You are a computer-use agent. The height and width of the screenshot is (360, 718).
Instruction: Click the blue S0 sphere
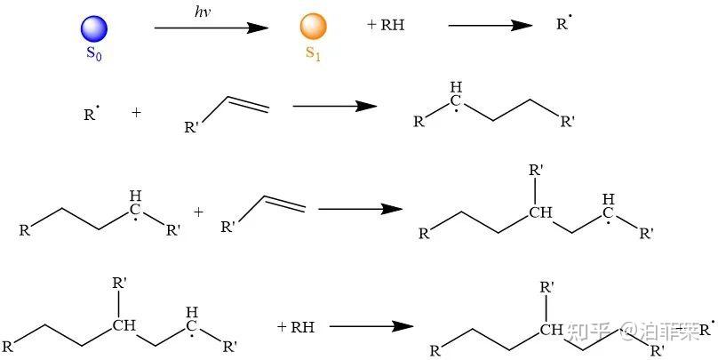tap(93, 28)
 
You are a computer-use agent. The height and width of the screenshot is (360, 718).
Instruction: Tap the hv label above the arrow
tap(203, 11)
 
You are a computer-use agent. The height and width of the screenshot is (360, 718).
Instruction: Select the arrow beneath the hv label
tap(211, 28)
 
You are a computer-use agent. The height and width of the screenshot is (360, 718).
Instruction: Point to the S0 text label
tap(93, 52)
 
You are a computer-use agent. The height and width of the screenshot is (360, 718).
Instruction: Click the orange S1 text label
tap(313, 52)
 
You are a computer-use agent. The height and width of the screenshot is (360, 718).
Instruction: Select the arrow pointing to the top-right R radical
tap(490, 26)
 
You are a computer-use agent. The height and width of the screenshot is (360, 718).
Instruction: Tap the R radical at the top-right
tap(563, 24)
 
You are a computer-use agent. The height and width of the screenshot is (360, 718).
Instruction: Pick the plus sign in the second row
tap(136, 113)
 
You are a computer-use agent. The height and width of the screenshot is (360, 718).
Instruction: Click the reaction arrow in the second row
tap(334, 107)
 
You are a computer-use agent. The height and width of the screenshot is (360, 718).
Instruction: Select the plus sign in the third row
tap(198, 212)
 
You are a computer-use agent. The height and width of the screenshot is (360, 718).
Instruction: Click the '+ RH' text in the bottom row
tap(296, 327)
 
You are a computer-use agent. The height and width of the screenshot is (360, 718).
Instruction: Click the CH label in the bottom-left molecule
tap(124, 325)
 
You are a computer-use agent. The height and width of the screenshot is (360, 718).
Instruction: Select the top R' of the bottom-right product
tap(548, 287)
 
